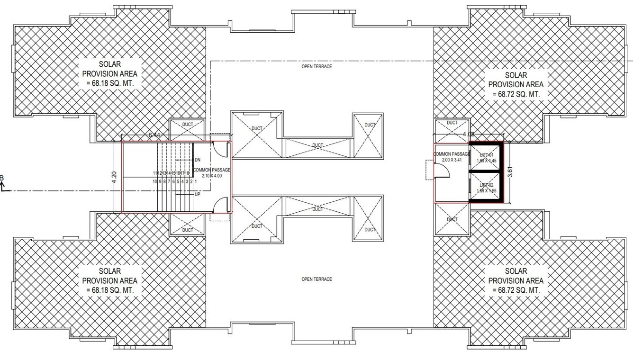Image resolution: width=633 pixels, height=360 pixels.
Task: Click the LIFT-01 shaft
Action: tap(486, 158)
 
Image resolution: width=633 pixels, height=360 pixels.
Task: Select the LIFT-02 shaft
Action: tap(486, 188)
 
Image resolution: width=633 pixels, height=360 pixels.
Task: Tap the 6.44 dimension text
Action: tap(154, 135)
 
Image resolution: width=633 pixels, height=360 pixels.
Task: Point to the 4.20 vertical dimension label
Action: tap(114, 177)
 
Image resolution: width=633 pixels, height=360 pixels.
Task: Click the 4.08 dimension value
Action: tap(469, 135)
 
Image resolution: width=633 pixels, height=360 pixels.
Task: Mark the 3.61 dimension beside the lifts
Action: tap(510, 173)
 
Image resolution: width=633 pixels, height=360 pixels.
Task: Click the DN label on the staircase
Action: tap(198, 160)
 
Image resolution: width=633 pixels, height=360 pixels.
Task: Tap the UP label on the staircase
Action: tap(197, 194)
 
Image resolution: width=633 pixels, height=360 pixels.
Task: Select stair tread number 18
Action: tap(187, 173)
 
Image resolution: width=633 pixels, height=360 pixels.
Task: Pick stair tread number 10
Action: tap(155, 181)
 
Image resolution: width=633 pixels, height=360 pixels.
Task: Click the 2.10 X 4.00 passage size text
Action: tap(212, 176)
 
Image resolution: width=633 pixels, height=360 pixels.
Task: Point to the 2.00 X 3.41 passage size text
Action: tap(452, 160)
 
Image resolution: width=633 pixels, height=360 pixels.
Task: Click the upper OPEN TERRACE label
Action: tap(316, 67)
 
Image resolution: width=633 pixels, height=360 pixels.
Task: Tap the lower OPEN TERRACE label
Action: tap(316, 279)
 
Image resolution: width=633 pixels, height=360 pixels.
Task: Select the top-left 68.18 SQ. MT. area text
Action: tap(110, 83)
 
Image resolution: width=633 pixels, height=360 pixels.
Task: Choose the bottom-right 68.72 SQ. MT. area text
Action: tap(516, 290)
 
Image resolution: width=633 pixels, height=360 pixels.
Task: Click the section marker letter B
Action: tap(2, 179)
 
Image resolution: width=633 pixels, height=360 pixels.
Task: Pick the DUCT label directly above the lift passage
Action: tap(452, 123)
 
